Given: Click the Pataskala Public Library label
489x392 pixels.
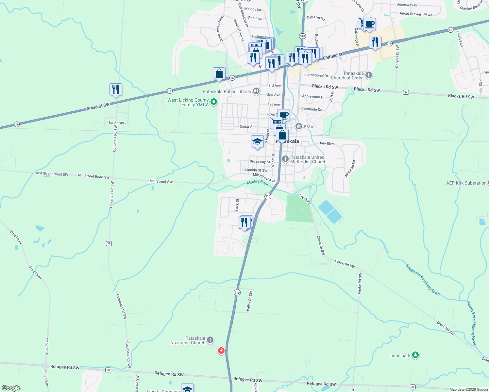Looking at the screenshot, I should pos(227,91).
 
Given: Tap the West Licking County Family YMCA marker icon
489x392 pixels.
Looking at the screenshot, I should pos(214,102).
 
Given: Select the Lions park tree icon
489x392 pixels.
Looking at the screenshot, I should pos(415,355).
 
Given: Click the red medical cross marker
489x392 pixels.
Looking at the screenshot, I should pos(221,351).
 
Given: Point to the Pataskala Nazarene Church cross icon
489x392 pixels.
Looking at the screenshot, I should pos(210,340).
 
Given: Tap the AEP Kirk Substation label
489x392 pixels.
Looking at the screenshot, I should pos(466,183).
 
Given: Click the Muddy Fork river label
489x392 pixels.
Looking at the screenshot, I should pos(258,183).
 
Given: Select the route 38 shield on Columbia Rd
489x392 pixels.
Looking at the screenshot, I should pos(109,243).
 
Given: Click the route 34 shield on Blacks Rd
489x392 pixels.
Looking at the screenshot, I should pos(406,92).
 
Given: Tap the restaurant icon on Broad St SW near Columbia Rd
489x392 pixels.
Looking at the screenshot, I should pos(116,89).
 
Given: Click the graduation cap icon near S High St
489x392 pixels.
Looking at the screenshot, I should pos(257,141).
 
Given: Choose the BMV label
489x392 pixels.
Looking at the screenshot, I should pos(308,127).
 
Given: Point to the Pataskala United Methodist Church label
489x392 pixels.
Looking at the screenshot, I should pos(308,159).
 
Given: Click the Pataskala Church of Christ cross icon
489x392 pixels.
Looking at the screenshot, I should pos(369,75).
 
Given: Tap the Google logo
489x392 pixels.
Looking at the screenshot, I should pos(11,388).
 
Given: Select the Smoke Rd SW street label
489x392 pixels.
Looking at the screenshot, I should pos(360,284).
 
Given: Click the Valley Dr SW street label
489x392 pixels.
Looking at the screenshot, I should pos(249,301).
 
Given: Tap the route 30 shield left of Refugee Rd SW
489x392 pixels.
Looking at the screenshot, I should pos(108,370).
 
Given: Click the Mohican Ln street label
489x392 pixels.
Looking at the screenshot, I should pos(349,169).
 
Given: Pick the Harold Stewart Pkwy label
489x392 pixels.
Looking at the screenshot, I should pos(415,14).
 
